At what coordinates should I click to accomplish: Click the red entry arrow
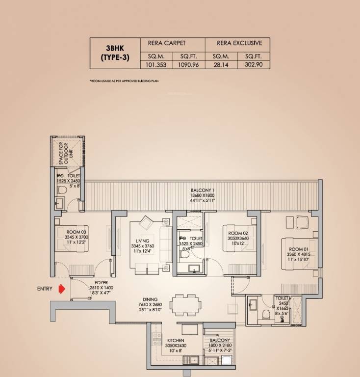click(x=61, y=289)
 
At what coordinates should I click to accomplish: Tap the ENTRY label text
click(x=45, y=289)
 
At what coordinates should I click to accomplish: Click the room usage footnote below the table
click(x=125, y=80)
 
